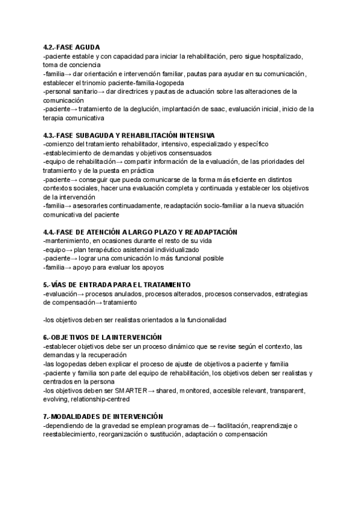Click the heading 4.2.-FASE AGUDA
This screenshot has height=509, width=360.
pos(71,47)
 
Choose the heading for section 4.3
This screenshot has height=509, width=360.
pos(129,136)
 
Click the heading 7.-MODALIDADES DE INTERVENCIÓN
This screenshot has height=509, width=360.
pos(103,417)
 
